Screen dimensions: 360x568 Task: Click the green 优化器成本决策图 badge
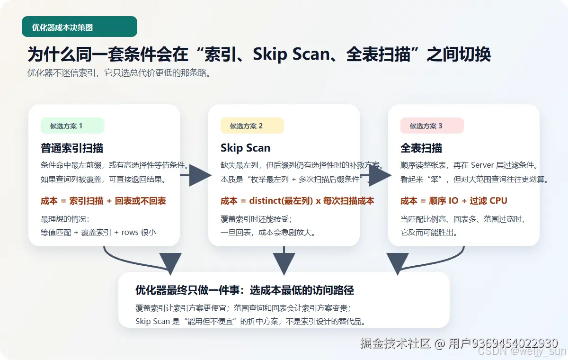click(x=79, y=27)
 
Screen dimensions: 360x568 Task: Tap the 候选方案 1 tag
click(x=72, y=126)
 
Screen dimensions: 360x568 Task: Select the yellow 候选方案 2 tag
click(x=252, y=126)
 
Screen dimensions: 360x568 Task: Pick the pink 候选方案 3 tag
click(x=432, y=126)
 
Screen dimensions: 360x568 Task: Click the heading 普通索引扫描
click(x=72, y=148)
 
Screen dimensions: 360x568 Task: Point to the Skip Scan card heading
click(x=245, y=148)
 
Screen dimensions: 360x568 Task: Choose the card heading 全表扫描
click(x=421, y=148)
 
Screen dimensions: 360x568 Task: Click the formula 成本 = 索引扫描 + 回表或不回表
click(x=104, y=201)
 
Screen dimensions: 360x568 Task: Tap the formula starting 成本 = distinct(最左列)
click(x=297, y=201)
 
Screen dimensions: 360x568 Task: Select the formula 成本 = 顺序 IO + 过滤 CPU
click(x=453, y=201)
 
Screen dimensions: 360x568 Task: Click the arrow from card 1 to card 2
click(x=195, y=176)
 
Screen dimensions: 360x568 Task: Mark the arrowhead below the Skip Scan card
click(x=284, y=263)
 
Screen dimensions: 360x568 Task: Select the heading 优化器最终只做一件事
click(x=244, y=290)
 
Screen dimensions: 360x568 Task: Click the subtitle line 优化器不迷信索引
click(x=119, y=73)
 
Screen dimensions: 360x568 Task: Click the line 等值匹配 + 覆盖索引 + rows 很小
click(x=98, y=232)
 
